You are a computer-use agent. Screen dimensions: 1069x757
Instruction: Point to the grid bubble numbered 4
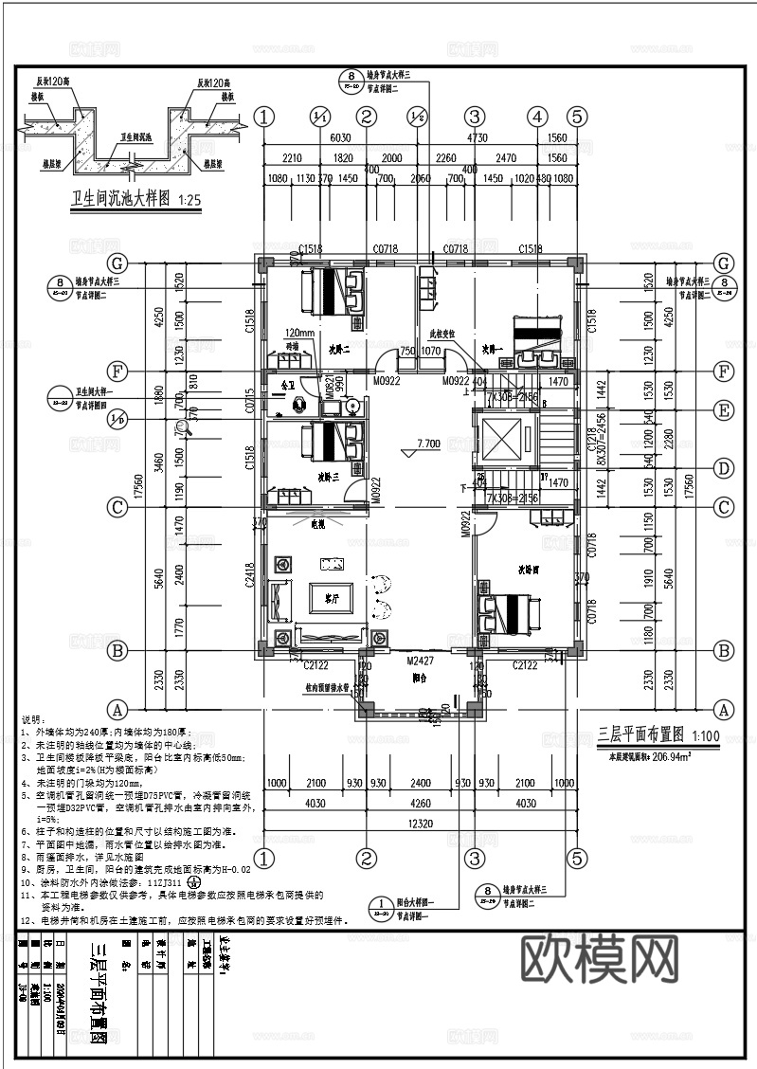tap(538, 117)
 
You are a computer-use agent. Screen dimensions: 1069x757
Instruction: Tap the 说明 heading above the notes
tap(33, 719)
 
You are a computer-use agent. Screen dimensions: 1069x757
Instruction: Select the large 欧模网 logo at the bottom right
tap(599, 959)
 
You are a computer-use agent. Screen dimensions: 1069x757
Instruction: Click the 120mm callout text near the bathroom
tap(299, 334)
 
